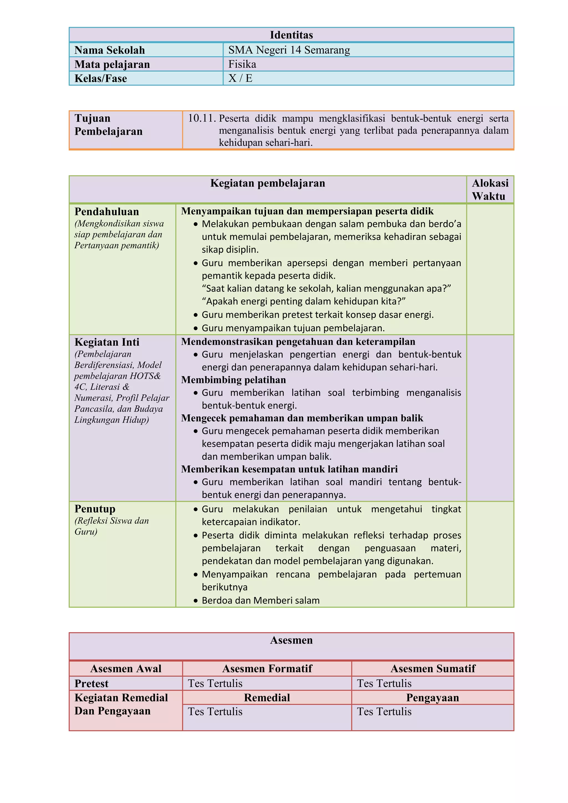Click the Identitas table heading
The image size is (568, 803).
pos(291,35)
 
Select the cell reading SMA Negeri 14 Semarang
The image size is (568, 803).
pos(289,50)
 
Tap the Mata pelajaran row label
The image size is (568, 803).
pos(112,64)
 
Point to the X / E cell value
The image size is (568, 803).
pos(240,78)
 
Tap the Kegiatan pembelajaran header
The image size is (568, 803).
pos(268,183)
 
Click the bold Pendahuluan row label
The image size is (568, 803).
pos(107,212)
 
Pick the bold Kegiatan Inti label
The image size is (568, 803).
pos(107,342)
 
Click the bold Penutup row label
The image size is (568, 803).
pos(95,509)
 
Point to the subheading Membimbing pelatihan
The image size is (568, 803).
pos(233,380)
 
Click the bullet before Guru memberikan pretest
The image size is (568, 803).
pos(196,315)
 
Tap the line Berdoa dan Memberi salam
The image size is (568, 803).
pos(261,601)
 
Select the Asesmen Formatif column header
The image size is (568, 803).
pos(267,669)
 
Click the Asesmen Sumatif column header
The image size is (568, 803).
pos(433,669)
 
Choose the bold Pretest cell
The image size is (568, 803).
pos(91,683)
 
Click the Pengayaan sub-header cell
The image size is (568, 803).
pos(432,698)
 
